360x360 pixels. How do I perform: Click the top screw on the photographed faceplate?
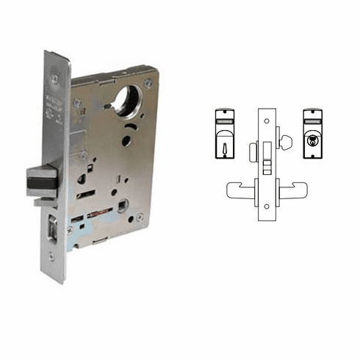coord(55,77)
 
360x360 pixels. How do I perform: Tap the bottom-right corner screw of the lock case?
coord(140,218)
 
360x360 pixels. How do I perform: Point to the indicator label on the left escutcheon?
coord(224,116)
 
